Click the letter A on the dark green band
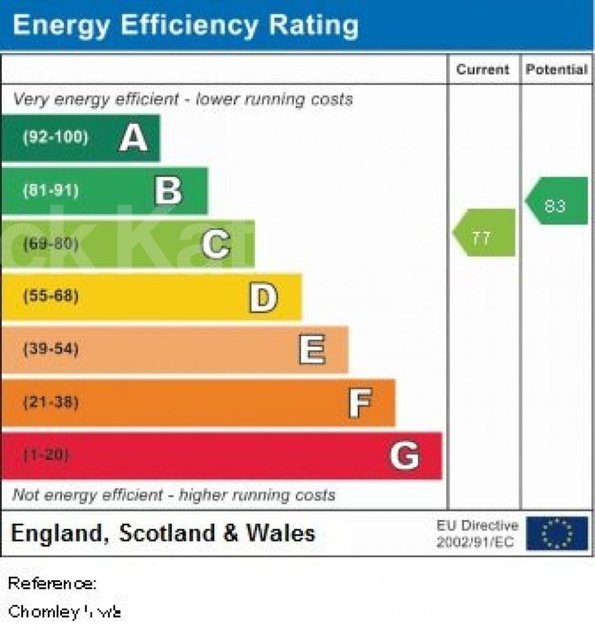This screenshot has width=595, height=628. (133, 137)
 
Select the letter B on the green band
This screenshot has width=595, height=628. (168, 191)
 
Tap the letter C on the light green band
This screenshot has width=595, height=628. (215, 244)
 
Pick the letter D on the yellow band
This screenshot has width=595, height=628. (263, 297)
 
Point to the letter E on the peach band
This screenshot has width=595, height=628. (312, 350)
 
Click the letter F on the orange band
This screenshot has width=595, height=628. (359, 404)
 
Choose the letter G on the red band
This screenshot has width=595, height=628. (405, 456)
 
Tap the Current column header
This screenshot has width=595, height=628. (483, 69)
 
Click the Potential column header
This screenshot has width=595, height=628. (556, 69)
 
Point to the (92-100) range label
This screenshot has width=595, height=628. (55, 137)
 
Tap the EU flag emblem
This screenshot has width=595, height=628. (556, 534)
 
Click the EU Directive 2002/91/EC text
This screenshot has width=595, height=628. (477, 534)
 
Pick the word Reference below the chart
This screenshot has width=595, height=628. (52, 583)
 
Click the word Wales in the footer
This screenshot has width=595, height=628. (280, 533)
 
